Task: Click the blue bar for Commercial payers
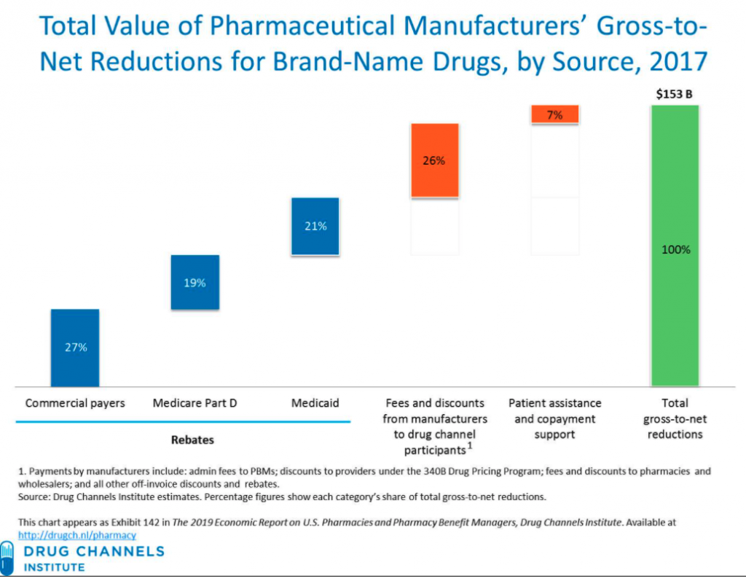tap(75, 348)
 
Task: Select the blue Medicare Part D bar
tap(195, 283)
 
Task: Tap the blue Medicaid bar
tap(315, 226)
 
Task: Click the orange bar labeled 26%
tap(434, 160)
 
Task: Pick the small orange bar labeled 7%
tap(554, 114)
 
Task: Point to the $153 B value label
tap(675, 94)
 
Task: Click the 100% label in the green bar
tap(675, 249)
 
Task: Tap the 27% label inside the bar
tap(76, 348)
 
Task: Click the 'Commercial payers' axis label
tap(75, 403)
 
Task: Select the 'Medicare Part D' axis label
tap(195, 403)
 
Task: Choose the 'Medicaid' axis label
tap(315, 403)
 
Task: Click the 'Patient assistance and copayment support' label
tap(555, 418)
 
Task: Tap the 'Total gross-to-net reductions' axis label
tap(675, 418)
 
